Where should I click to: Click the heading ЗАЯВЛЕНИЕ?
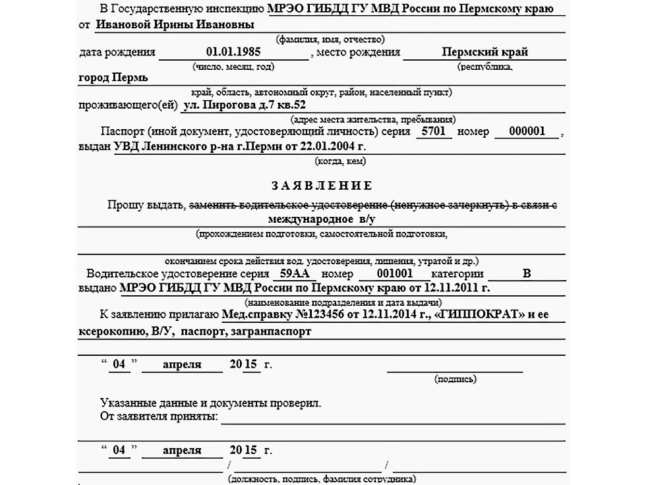tap(322, 185)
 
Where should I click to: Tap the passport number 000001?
tap(527, 131)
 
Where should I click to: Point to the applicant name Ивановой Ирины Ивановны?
tap(175, 24)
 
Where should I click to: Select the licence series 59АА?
tap(295, 273)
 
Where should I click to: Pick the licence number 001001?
tap(394, 273)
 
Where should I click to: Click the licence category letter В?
tap(526, 273)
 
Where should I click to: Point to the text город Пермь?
tap(113, 77)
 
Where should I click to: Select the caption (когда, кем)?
tap(341, 161)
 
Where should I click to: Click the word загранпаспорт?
tap(271, 332)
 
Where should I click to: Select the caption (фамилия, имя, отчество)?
tap(330, 40)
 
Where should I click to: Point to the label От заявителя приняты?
tap(158, 416)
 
